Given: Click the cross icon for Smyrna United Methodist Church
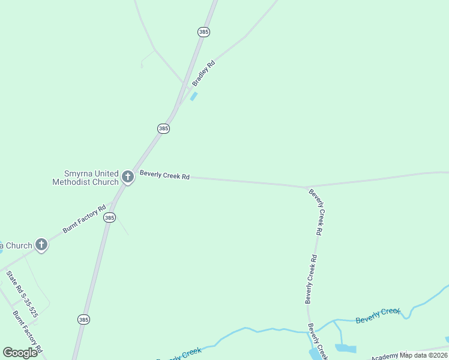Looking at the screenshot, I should (127, 176).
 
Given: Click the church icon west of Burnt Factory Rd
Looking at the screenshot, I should (41, 244).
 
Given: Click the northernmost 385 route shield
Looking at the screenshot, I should (203, 32).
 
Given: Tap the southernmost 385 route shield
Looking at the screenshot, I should (83, 320).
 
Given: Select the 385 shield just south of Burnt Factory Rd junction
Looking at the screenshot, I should (109, 218).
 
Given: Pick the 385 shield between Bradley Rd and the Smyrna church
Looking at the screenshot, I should (163, 128).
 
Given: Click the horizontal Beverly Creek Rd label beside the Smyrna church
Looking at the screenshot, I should (164, 176).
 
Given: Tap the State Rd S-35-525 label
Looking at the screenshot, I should (22, 294).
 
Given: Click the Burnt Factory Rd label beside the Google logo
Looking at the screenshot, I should (28, 331).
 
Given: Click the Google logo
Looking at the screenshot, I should (20, 353).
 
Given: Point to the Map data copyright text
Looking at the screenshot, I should (424, 355).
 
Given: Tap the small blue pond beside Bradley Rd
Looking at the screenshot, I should (194, 96).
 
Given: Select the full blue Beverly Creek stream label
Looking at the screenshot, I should (378, 315).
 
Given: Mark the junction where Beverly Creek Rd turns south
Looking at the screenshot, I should (307, 187).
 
